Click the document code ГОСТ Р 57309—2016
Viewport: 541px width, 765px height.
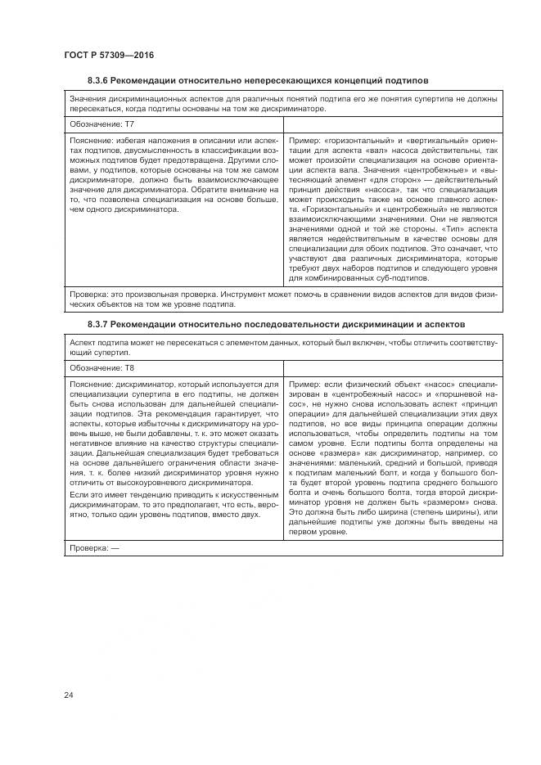click(108, 55)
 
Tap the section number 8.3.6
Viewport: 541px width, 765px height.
click(98, 80)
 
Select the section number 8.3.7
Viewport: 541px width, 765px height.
click(98, 326)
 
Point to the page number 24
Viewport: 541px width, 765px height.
click(69, 695)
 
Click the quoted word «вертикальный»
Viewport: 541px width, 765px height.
click(433, 142)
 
